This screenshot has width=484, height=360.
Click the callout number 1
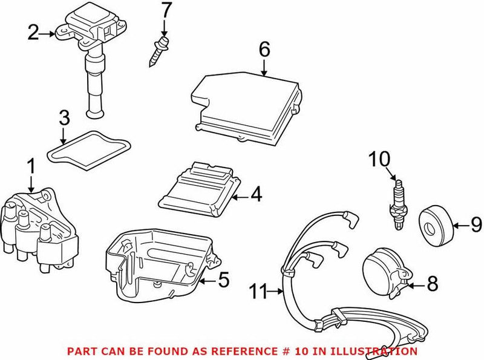[30, 165]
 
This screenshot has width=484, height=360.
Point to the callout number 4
[256, 195]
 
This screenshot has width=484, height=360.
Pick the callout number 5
[223, 280]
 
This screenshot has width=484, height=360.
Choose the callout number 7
[165, 10]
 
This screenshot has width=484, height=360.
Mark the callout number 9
[476, 226]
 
